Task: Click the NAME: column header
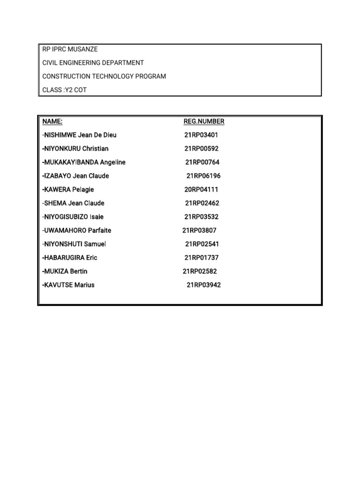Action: tap(52, 121)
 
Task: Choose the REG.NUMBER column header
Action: tap(203, 121)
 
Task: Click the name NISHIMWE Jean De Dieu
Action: tap(79, 135)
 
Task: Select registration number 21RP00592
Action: tap(201, 149)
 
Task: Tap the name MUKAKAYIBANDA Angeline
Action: tap(84, 162)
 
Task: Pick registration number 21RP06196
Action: tap(203, 176)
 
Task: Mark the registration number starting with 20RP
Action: tap(201, 189)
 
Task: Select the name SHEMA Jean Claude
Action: tap(73, 203)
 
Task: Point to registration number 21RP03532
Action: tap(201, 217)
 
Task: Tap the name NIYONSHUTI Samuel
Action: tap(74, 244)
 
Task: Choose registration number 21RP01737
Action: tap(201, 257)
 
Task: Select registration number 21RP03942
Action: tap(203, 285)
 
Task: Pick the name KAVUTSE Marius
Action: tap(68, 285)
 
